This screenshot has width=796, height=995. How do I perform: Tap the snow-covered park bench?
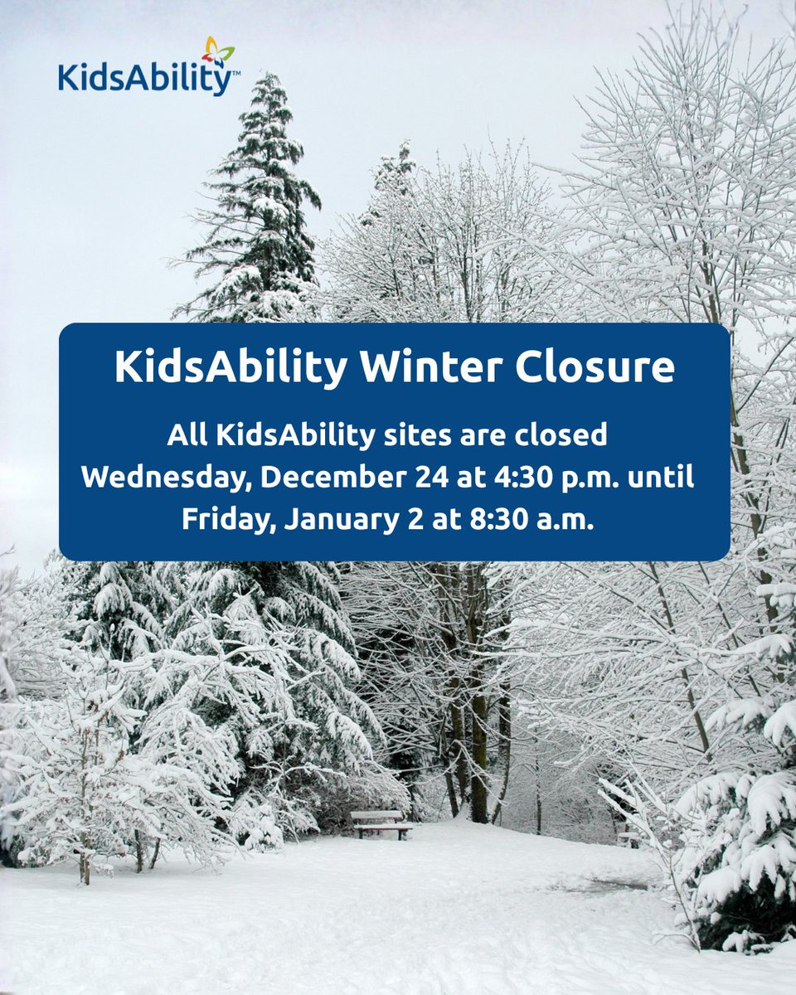coord(381,823)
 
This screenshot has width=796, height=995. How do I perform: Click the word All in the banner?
coord(188,434)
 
